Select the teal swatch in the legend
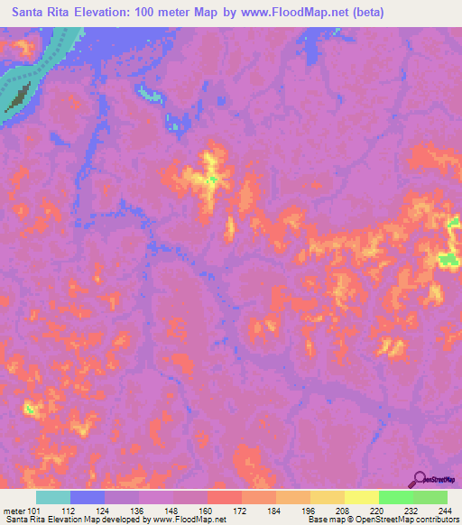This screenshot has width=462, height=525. tap(53, 497)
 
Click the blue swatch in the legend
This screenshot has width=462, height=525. tap(88, 497)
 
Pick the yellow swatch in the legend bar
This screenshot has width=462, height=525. tap(362, 497)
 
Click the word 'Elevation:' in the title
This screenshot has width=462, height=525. tap(108, 13)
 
